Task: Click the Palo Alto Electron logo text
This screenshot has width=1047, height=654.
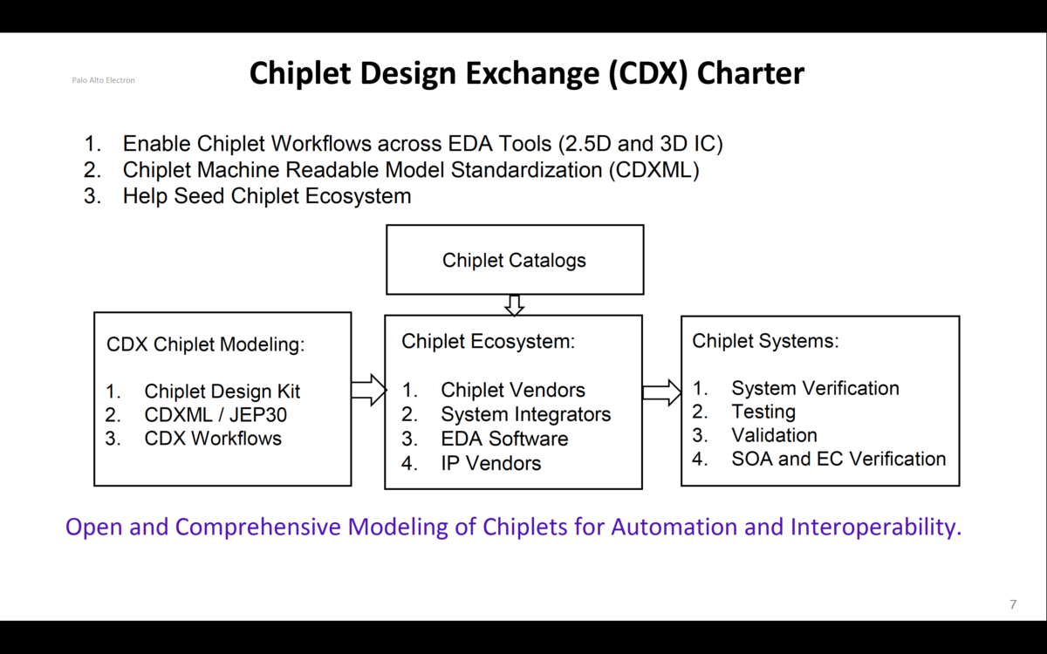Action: (x=103, y=80)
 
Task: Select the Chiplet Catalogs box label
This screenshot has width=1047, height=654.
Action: (x=514, y=260)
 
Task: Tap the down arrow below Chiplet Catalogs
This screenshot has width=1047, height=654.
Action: (x=514, y=305)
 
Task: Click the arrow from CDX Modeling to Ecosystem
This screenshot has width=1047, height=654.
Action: (x=368, y=390)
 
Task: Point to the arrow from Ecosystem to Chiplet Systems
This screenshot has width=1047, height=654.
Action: (x=661, y=392)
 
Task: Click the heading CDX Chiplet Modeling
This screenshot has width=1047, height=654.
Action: (x=206, y=344)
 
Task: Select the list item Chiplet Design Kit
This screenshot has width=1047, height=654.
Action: (x=222, y=392)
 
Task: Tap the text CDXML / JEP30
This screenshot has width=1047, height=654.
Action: (x=216, y=415)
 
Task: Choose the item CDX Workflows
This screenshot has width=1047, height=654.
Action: (x=213, y=439)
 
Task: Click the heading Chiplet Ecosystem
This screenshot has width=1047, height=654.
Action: (x=488, y=342)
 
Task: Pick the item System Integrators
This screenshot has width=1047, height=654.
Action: (x=525, y=415)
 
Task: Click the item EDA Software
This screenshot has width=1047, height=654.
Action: (x=504, y=439)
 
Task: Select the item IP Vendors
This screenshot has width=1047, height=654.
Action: (x=490, y=463)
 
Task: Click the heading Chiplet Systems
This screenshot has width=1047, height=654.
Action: (x=764, y=341)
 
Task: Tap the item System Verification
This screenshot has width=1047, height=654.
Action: (x=815, y=388)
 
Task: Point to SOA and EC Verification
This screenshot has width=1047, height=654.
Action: (x=838, y=459)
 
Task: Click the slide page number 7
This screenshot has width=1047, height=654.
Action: (x=1013, y=604)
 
